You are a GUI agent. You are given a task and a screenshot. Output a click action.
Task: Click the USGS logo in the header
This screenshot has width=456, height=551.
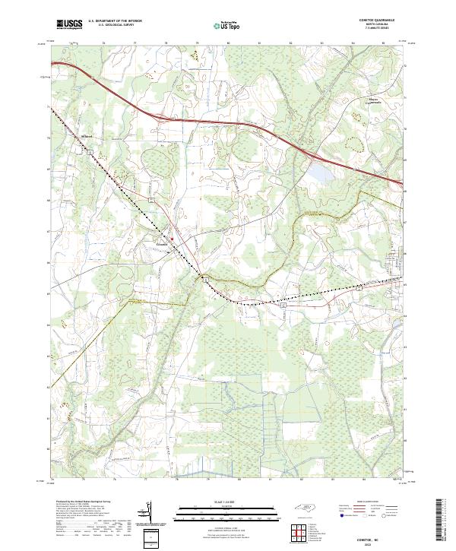(69, 24)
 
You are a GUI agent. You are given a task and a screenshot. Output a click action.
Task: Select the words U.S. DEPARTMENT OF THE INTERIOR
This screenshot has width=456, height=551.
(116, 21)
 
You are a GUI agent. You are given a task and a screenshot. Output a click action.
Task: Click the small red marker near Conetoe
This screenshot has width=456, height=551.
(173, 239)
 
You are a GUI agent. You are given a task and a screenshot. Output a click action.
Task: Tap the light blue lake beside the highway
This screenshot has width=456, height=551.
(319, 174)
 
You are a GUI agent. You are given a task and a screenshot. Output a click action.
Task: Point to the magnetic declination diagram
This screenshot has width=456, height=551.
(149, 515)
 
